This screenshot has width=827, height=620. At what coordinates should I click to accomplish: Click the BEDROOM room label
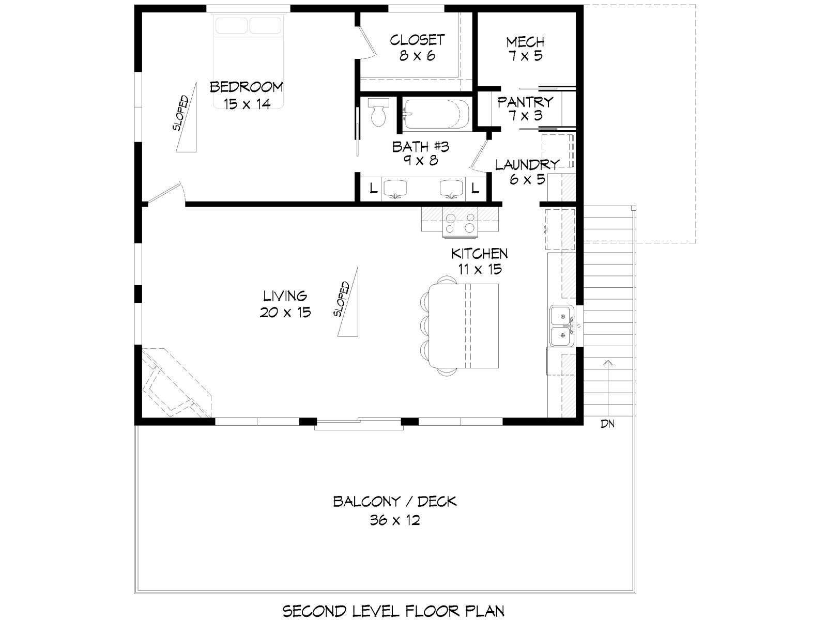click(x=246, y=87)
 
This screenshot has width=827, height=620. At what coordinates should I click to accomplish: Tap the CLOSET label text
click(x=417, y=40)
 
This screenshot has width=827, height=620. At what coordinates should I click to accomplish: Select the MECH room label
click(x=525, y=42)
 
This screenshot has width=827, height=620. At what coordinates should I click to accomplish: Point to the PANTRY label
click(x=525, y=102)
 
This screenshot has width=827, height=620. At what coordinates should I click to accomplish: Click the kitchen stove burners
click(x=460, y=223)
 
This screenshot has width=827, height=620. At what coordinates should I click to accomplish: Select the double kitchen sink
click(x=562, y=326)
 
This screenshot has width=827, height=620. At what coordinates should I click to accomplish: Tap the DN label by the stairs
click(x=607, y=424)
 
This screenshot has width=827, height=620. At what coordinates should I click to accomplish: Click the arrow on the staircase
click(x=607, y=388)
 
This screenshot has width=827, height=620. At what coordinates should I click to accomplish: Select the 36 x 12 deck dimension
click(x=394, y=520)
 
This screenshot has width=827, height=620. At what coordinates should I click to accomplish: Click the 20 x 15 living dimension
click(x=285, y=313)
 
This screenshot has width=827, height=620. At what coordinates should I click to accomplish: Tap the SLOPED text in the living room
click(x=342, y=299)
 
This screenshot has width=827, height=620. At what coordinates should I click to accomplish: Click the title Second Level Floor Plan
click(x=394, y=611)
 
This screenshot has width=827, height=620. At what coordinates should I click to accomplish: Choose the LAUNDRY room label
click(x=527, y=165)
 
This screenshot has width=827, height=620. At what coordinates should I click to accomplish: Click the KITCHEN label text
click(x=480, y=254)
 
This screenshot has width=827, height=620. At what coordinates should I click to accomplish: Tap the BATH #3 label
click(x=420, y=146)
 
